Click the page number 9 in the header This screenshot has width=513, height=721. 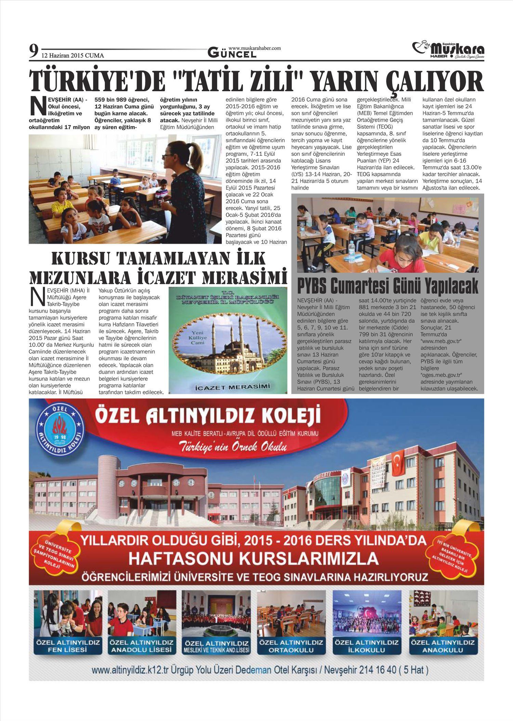33,52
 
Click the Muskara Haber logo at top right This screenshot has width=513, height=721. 448,50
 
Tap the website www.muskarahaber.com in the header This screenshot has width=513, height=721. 254,48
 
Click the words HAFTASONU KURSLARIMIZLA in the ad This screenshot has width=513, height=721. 253,559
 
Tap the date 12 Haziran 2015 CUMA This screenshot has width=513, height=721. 73,55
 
